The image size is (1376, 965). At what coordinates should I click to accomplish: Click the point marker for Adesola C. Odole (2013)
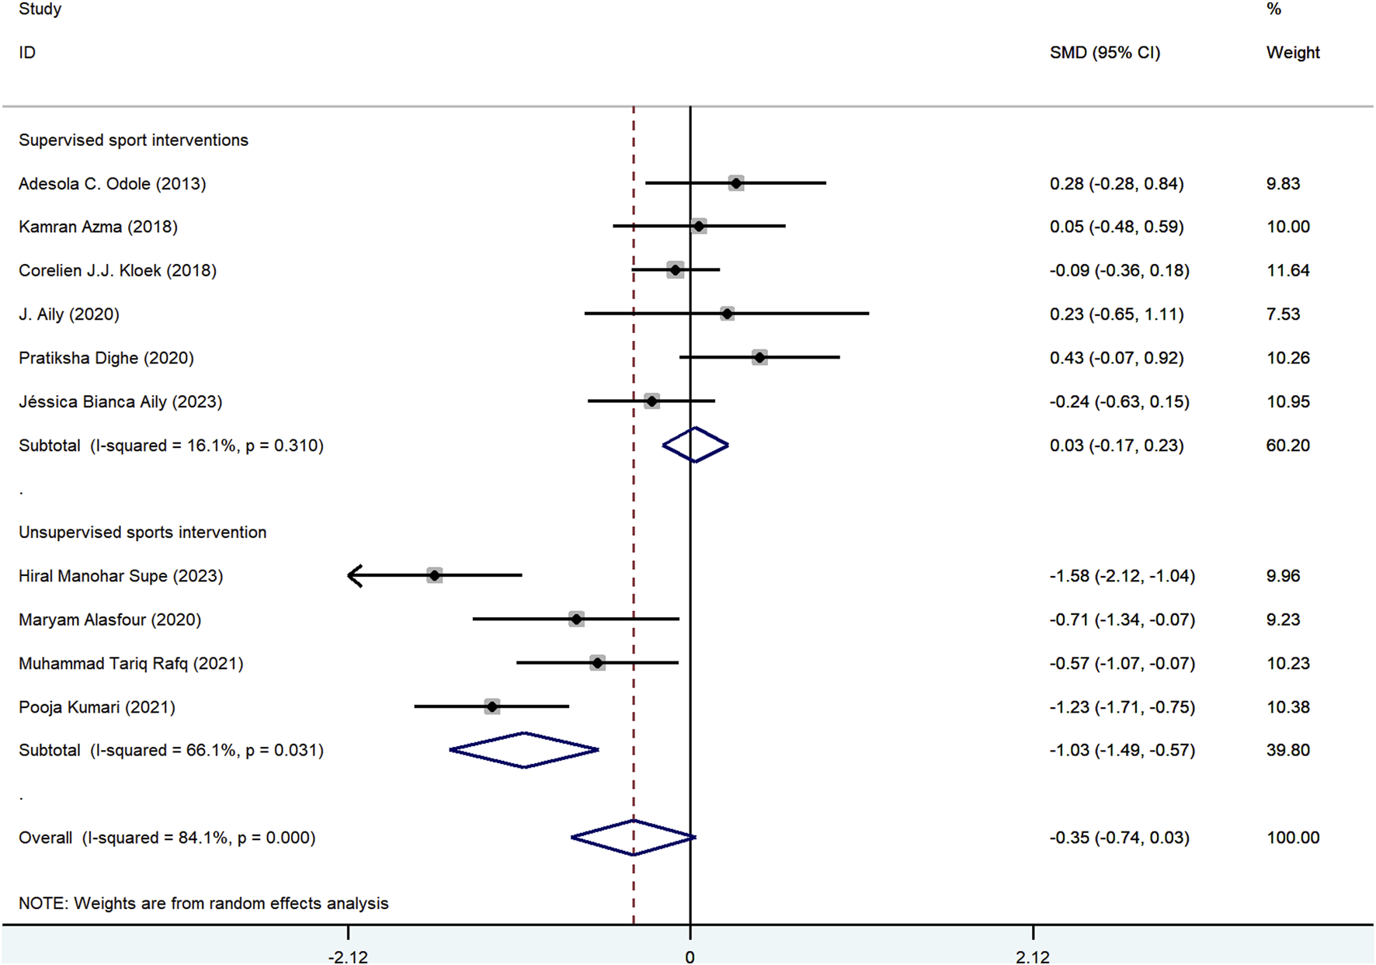pos(735,183)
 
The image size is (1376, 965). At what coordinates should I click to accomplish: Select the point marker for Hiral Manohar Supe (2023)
pos(434,575)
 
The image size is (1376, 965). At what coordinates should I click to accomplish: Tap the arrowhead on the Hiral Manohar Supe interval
pos(355,575)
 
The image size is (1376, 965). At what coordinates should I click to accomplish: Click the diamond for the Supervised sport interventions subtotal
pos(695,445)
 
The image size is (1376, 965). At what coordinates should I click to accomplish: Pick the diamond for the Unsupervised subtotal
pos(524,750)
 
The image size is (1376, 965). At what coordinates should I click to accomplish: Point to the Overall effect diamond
pos(634,837)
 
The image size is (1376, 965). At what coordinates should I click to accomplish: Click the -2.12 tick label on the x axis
pos(347,956)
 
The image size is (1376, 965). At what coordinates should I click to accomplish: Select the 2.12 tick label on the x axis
pos(1033,956)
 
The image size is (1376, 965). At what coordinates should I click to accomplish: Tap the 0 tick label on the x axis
pos(690,956)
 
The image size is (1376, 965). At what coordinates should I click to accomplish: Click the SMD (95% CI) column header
pos(1104,53)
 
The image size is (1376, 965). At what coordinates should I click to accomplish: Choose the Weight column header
pos(1292,53)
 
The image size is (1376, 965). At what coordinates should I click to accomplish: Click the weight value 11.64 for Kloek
pos(1287,270)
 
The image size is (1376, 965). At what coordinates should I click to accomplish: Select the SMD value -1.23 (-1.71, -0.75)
pos(1121,706)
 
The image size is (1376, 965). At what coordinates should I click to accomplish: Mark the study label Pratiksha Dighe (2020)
pos(106,358)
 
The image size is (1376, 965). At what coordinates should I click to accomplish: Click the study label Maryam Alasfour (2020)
pos(109,620)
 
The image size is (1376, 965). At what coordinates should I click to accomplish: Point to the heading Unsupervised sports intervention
pos(142,532)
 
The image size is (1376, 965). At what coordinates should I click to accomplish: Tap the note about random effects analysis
pos(203,903)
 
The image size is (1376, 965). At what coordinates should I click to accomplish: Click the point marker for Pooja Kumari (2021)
pos(492,706)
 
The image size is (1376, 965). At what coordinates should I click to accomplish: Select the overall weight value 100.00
pos(1292,837)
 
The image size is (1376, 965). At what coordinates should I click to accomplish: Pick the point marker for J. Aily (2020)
pos(727,314)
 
